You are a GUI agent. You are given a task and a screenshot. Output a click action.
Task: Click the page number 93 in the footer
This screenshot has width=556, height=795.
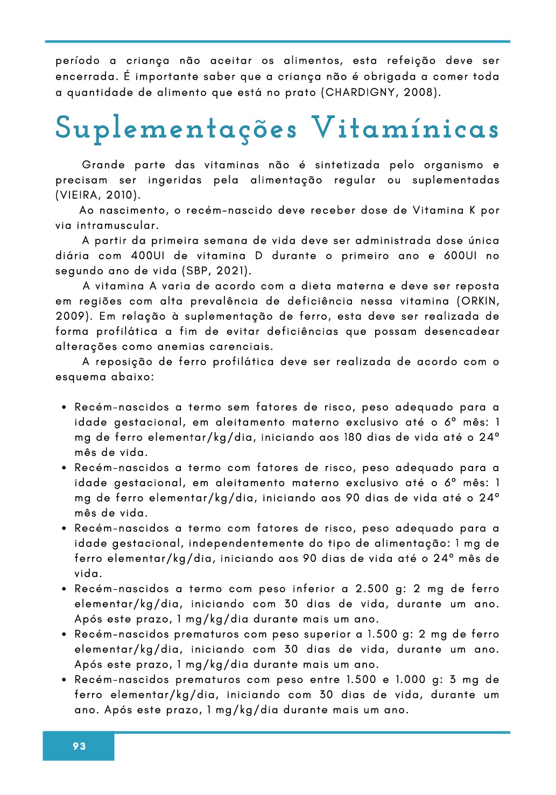(x=79, y=746)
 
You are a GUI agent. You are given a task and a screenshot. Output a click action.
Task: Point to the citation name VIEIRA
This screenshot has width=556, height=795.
(x=78, y=195)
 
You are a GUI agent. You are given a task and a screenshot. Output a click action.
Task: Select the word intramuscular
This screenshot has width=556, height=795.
(x=117, y=226)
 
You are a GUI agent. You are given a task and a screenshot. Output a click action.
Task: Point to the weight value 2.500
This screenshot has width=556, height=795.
(x=372, y=588)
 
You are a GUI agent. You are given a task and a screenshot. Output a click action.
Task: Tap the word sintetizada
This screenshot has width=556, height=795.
(x=347, y=165)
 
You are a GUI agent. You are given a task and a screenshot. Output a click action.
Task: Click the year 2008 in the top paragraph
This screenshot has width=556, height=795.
(x=418, y=92)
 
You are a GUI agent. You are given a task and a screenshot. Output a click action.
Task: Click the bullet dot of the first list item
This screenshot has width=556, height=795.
(x=64, y=407)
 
